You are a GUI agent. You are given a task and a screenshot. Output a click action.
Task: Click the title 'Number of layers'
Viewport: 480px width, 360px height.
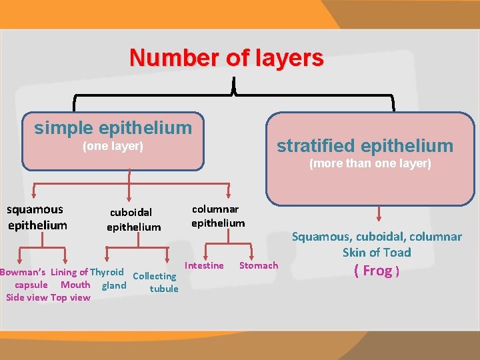[x=227, y=58]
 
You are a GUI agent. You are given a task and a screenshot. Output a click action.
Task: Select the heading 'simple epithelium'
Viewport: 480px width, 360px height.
[x=113, y=127]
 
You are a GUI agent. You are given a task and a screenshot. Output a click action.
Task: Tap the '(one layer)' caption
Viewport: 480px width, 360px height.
[x=113, y=146]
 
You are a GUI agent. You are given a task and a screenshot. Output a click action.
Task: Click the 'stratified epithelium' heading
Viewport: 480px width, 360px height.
[x=365, y=145]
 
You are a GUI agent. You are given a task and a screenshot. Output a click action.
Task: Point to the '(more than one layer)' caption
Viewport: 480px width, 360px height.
[x=370, y=163]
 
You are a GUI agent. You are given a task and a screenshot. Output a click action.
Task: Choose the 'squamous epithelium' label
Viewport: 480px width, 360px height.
[x=37, y=217]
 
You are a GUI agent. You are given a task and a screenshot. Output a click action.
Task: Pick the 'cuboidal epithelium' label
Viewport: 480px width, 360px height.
[x=133, y=219]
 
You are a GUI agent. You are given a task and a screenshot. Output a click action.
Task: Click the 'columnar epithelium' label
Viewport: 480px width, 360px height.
[x=218, y=216]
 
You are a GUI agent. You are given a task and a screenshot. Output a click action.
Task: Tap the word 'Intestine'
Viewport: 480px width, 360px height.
[x=204, y=265]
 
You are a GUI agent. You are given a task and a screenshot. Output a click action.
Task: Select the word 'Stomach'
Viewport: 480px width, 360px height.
[x=259, y=265]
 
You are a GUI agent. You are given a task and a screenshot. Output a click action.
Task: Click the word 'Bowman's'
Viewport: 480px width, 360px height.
[x=23, y=272]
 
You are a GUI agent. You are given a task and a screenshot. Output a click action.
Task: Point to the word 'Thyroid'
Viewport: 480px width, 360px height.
[x=107, y=272]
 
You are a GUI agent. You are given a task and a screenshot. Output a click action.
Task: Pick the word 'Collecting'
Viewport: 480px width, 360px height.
[x=155, y=276]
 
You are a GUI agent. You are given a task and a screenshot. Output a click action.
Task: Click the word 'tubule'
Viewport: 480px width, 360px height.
[x=164, y=289]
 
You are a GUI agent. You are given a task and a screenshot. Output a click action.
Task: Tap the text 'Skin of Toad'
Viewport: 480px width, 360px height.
[x=377, y=252]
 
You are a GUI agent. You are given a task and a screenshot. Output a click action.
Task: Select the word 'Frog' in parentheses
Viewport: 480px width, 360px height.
[x=377, y=270]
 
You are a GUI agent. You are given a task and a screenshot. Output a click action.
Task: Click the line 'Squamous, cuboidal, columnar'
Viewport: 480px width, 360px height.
[x=377, y=237]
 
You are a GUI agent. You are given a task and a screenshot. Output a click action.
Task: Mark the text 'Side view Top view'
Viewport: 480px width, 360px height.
[x=48, y=297]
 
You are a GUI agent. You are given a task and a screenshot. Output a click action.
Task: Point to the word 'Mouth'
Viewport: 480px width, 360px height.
[x=75, y=285]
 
